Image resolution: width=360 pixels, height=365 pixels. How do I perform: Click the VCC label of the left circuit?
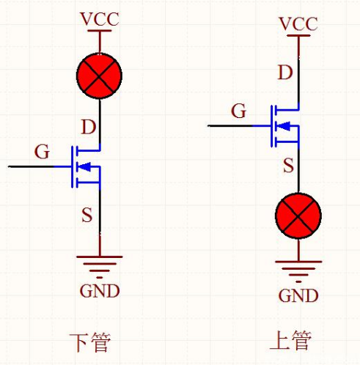point(100,21)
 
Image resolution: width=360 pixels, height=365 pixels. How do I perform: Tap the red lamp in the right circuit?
point(298,218)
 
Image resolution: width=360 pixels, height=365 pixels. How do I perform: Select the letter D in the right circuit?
point(287,72)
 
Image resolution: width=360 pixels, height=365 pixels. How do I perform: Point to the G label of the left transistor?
point(43,152)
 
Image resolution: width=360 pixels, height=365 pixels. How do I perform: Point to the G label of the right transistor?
point(238,111)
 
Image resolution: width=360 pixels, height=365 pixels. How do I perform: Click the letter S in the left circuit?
point(87,215)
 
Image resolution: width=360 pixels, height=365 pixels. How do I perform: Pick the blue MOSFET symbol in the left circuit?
point(87,167)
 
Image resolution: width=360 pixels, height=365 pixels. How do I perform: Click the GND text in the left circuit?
point(100,291)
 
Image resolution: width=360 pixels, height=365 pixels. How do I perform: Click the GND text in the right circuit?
point(298,295)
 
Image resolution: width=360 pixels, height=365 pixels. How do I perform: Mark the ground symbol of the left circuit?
point(100,264)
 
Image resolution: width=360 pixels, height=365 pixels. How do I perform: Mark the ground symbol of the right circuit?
point(298,269)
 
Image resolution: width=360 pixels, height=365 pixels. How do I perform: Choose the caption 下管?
point(93,342)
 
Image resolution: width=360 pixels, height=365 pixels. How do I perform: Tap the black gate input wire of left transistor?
point(33,167)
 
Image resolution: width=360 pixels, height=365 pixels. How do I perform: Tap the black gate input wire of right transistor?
point(231,126)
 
